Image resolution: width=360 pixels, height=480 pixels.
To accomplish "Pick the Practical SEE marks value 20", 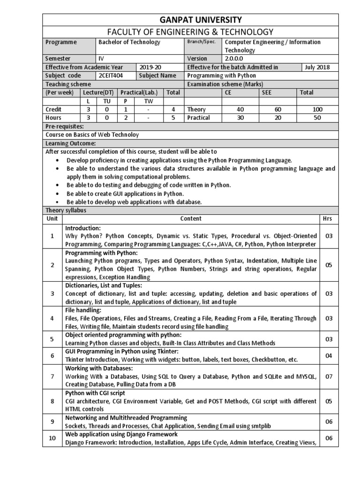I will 278,118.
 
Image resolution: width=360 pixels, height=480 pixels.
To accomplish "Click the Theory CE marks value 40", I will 240,109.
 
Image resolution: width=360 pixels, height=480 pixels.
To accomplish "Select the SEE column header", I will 267,92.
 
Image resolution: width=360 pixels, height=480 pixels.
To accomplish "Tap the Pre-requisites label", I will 65,127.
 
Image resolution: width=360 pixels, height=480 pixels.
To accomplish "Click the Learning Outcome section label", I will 70,143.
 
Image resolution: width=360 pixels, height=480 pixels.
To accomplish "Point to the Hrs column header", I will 329,218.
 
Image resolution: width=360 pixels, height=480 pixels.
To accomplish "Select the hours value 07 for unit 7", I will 329,376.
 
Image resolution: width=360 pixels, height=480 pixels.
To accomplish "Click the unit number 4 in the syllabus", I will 52,318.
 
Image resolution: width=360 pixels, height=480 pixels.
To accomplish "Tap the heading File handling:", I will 83,310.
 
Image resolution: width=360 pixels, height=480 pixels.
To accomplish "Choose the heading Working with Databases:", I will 99,368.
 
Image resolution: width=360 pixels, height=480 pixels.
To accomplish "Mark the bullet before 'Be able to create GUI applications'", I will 57,194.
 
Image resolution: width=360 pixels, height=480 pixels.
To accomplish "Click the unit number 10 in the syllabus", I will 52,438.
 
